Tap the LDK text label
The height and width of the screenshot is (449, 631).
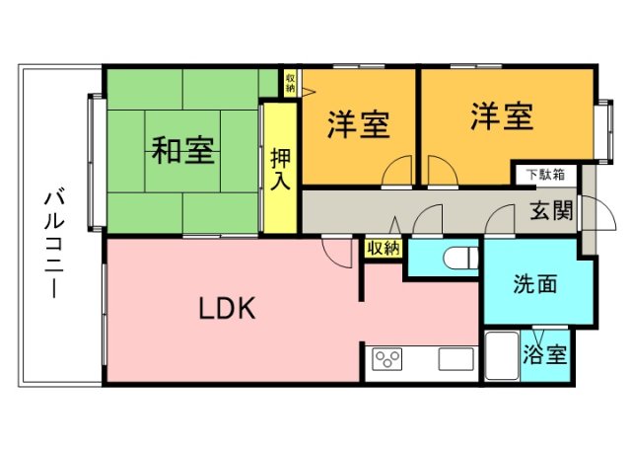point(228,309)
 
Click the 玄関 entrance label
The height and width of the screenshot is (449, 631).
point(552,210)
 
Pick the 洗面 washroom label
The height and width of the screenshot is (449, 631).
point(535,284)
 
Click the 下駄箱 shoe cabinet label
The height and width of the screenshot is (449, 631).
point(544,175)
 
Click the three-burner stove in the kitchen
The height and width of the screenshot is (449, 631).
point(386,359)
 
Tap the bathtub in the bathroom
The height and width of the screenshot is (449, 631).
point(502,358)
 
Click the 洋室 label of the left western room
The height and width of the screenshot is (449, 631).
point(358,122)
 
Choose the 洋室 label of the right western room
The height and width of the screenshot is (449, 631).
point(501,117)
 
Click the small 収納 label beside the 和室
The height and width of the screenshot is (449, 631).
point(291,82)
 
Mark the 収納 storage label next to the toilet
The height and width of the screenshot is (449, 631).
point(384,248)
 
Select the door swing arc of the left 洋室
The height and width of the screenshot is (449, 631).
point(396,171)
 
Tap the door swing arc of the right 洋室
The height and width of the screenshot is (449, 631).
point(442,171)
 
